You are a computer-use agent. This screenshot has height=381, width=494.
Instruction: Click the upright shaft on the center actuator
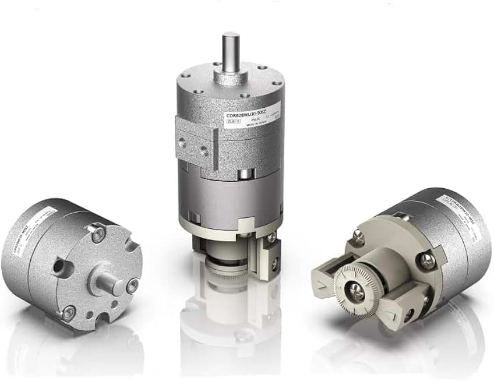tap(231, 52)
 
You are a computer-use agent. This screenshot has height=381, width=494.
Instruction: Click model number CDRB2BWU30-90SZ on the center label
tap(252, 114)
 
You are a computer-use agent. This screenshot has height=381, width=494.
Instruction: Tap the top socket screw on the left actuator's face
tap(98, 234)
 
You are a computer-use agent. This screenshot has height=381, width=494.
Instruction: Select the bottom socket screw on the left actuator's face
tap(68, 313)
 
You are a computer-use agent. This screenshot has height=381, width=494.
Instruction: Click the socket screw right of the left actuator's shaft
tap(132, 285)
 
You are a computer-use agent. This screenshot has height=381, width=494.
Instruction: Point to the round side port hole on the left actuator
tap(59, 267)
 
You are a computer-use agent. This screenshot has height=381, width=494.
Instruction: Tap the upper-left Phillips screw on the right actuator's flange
tap(358, 237)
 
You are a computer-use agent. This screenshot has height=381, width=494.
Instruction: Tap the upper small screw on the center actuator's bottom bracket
tap(271, 238)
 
